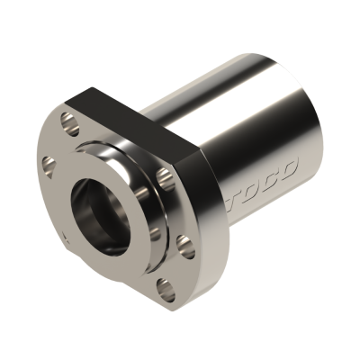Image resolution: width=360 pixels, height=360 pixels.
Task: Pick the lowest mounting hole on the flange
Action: click(165, 287)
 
